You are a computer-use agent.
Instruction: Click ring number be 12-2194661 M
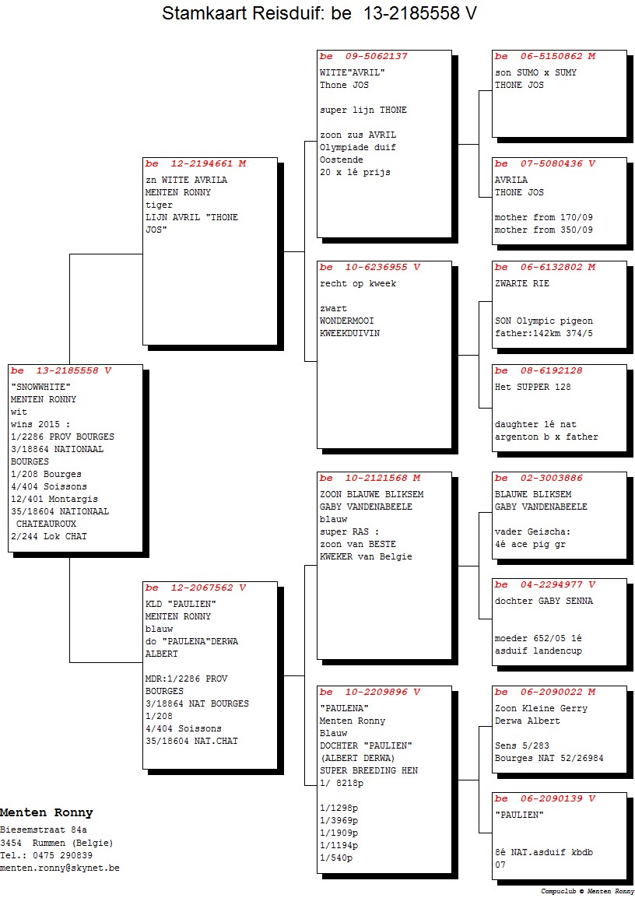click(196, 163)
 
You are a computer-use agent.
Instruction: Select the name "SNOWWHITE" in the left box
click(40, 387)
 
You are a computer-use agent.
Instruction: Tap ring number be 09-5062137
click(363, 57)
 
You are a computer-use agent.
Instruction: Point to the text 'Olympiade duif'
click(358, 147)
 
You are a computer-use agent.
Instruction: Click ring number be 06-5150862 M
click(545, 57)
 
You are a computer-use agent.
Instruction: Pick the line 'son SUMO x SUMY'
click(535, 72)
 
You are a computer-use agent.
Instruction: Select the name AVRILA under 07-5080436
click(511, 181)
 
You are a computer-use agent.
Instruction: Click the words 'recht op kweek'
click(358, 284)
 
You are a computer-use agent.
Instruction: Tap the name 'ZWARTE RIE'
click(521, 284)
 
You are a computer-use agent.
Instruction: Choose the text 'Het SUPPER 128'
click(532, 388)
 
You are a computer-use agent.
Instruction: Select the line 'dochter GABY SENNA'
click(544, 601)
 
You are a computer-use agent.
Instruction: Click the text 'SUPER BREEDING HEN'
click(369, 770)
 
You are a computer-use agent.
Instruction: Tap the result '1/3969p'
click(339, 821)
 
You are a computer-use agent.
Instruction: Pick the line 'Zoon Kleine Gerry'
click(541, 708)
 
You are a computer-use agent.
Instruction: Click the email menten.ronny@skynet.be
click(60, 868)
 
